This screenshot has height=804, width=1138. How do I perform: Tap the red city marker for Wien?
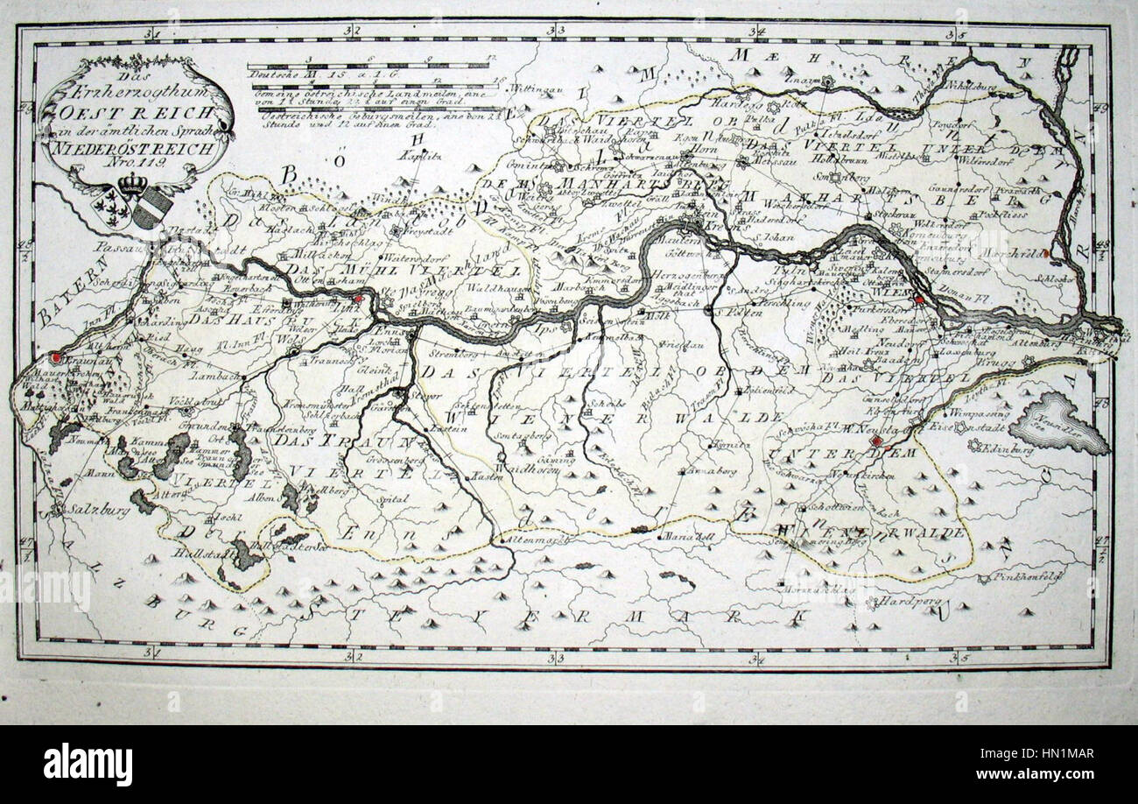tap(918, 300)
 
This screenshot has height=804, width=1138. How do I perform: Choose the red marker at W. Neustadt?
tap(877, 442)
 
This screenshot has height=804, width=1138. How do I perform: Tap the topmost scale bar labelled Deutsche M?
tap(368, 65)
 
